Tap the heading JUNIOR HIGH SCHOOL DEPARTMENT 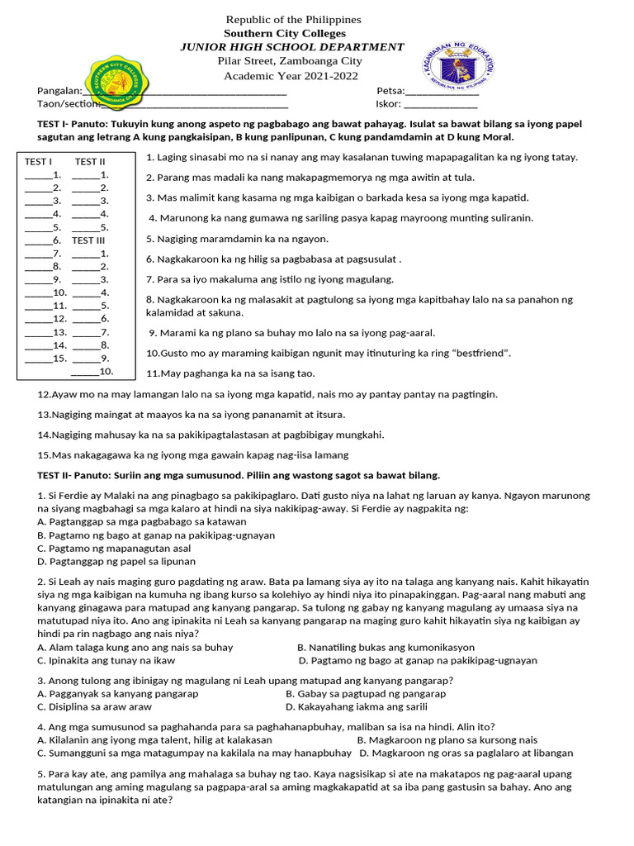click(x=292, y=47)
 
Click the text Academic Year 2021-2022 click(x=292, y=76)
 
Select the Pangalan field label click(x=59, y=91)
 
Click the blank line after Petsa click(x=442, y=91)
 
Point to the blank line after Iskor click(x=440, y=104)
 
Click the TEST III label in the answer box click(x=88, y=240)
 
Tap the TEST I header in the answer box click(x=38, y=162)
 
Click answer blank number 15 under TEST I click(x=38, y=359)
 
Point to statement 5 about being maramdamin click(x=238, y=239)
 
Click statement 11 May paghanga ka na click(x=230, y=373)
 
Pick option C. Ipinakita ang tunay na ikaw click(x=106, y=660)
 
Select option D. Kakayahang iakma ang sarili click(x=357, y=707)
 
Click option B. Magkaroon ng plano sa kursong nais click(x=447, y=740)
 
